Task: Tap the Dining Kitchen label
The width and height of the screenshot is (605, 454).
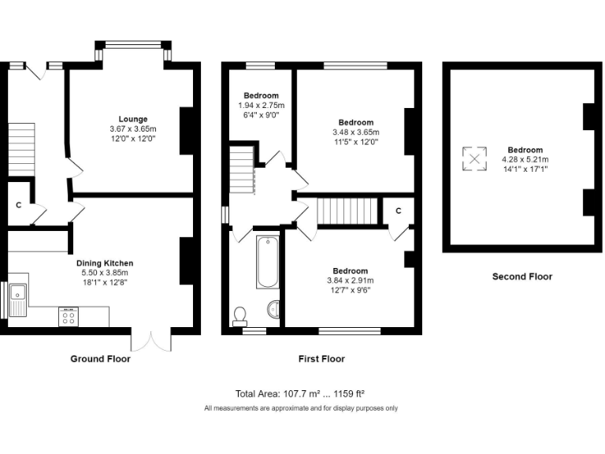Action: click(105, 263)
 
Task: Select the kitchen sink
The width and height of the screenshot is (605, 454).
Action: click(17, 297)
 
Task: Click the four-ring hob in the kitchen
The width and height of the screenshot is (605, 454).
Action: click(68, 317)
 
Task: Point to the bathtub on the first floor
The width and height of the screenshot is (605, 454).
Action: click(267, 261)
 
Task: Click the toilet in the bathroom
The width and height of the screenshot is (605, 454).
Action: click(240, 316)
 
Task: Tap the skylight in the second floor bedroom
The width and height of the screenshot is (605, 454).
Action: click(474, 159)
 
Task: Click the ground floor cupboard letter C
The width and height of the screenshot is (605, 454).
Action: click(18, 205)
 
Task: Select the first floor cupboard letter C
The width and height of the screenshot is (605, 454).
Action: click(399, 210)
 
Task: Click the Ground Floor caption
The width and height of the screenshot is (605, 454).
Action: click(100, 359)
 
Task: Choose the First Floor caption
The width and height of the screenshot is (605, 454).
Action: click(321, 359)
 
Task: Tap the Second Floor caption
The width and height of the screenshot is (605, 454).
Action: click(522, 277)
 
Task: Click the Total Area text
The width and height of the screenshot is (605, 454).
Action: click(299, 393)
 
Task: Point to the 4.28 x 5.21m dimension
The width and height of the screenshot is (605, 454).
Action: click(525, 159)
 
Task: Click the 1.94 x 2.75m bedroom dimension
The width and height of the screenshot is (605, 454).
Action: click(262, 105)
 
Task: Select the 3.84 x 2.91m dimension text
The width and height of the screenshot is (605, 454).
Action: click(350, 280)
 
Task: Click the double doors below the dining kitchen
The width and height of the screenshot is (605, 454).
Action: click(150, 340)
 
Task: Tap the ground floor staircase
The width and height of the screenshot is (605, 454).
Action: click(23, 150)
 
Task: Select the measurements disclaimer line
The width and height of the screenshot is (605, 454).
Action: click(301, 408)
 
